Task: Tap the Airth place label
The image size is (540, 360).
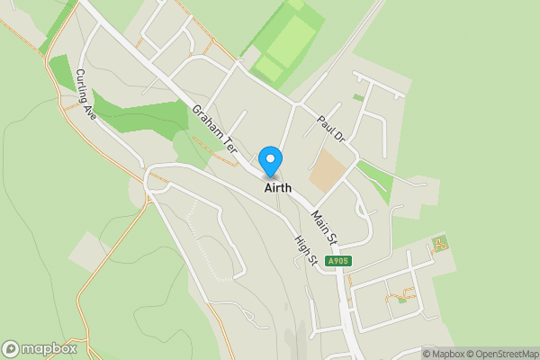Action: (277, 189)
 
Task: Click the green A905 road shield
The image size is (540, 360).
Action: (338, 261)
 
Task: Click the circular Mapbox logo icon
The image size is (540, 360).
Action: (12, 349)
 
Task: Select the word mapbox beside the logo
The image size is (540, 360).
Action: (49, 349)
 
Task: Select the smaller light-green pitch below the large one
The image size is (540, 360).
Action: (268, 68)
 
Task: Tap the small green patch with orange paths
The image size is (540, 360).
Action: (439, 243)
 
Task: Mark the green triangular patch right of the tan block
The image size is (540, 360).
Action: (376, 178)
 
